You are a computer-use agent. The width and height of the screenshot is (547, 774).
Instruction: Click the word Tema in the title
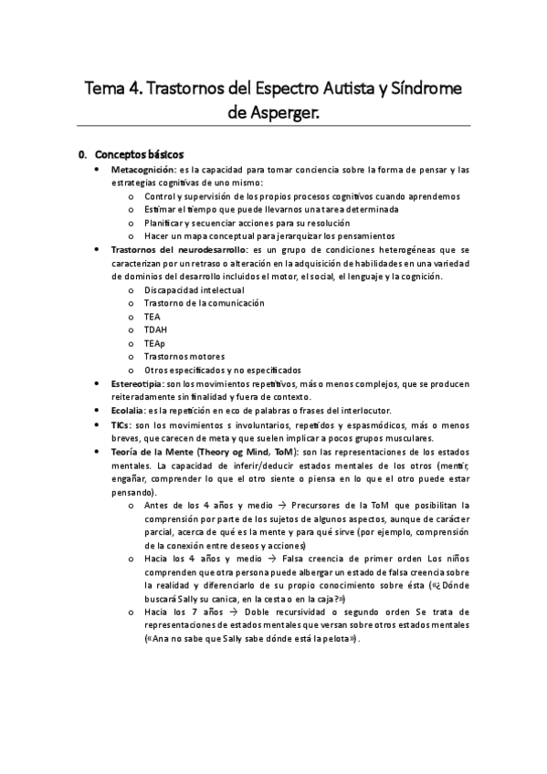(x=107, y=89)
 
